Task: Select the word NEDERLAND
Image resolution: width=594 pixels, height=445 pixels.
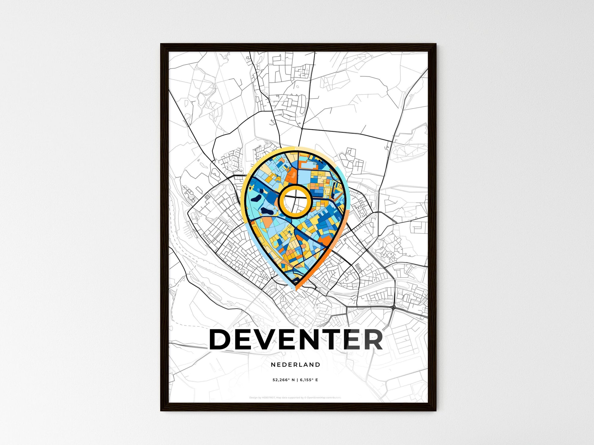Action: [295, 364]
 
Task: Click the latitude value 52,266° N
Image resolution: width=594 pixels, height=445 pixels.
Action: [284, 380]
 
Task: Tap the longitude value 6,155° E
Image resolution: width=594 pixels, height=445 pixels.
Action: [309, 380]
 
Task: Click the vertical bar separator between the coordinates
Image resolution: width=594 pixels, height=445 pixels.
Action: [297, 380]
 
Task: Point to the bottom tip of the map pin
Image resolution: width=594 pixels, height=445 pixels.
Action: [295, 289]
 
